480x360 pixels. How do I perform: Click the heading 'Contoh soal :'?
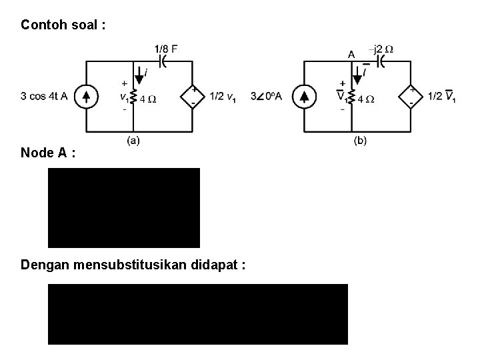coord(63,25)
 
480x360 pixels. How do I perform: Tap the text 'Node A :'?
coord(47,153)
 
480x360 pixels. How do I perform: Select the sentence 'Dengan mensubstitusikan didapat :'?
coord(133,265)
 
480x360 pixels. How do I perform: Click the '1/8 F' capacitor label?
coord(165,49)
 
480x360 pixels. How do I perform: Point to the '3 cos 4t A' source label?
coord(44,96)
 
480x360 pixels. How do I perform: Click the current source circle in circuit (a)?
coord(86,96)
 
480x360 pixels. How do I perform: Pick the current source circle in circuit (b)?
coord(304,97)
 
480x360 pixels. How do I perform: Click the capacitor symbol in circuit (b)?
coord(380,61)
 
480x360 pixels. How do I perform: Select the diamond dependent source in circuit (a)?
coord(193,96)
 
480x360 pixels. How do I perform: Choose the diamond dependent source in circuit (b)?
coord(411,97)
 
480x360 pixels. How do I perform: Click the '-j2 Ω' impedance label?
coord(381,49)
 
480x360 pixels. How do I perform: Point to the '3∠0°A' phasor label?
coord(266,97)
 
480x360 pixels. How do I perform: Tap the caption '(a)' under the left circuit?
coord(133,140)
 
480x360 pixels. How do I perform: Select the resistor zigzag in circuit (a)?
coord(134,99)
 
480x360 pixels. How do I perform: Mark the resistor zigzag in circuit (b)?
coord(352,99)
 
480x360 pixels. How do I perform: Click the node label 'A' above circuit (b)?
coord(351,55)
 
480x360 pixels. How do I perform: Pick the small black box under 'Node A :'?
coord(124,207)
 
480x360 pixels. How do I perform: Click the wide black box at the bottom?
coord(198,314)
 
